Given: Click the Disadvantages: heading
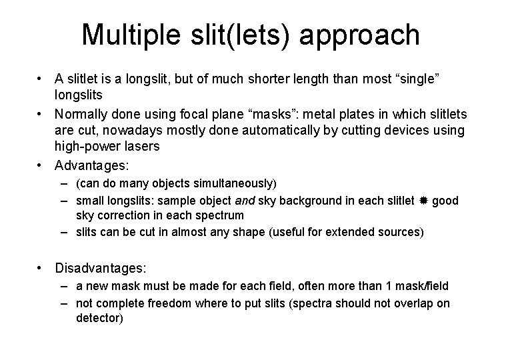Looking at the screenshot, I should [x=101, y=269].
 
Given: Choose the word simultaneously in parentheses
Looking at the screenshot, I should [x=231, y=183].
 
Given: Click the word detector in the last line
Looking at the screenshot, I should [x=99, y=318].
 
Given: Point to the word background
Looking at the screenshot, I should [x=293, y=200].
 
